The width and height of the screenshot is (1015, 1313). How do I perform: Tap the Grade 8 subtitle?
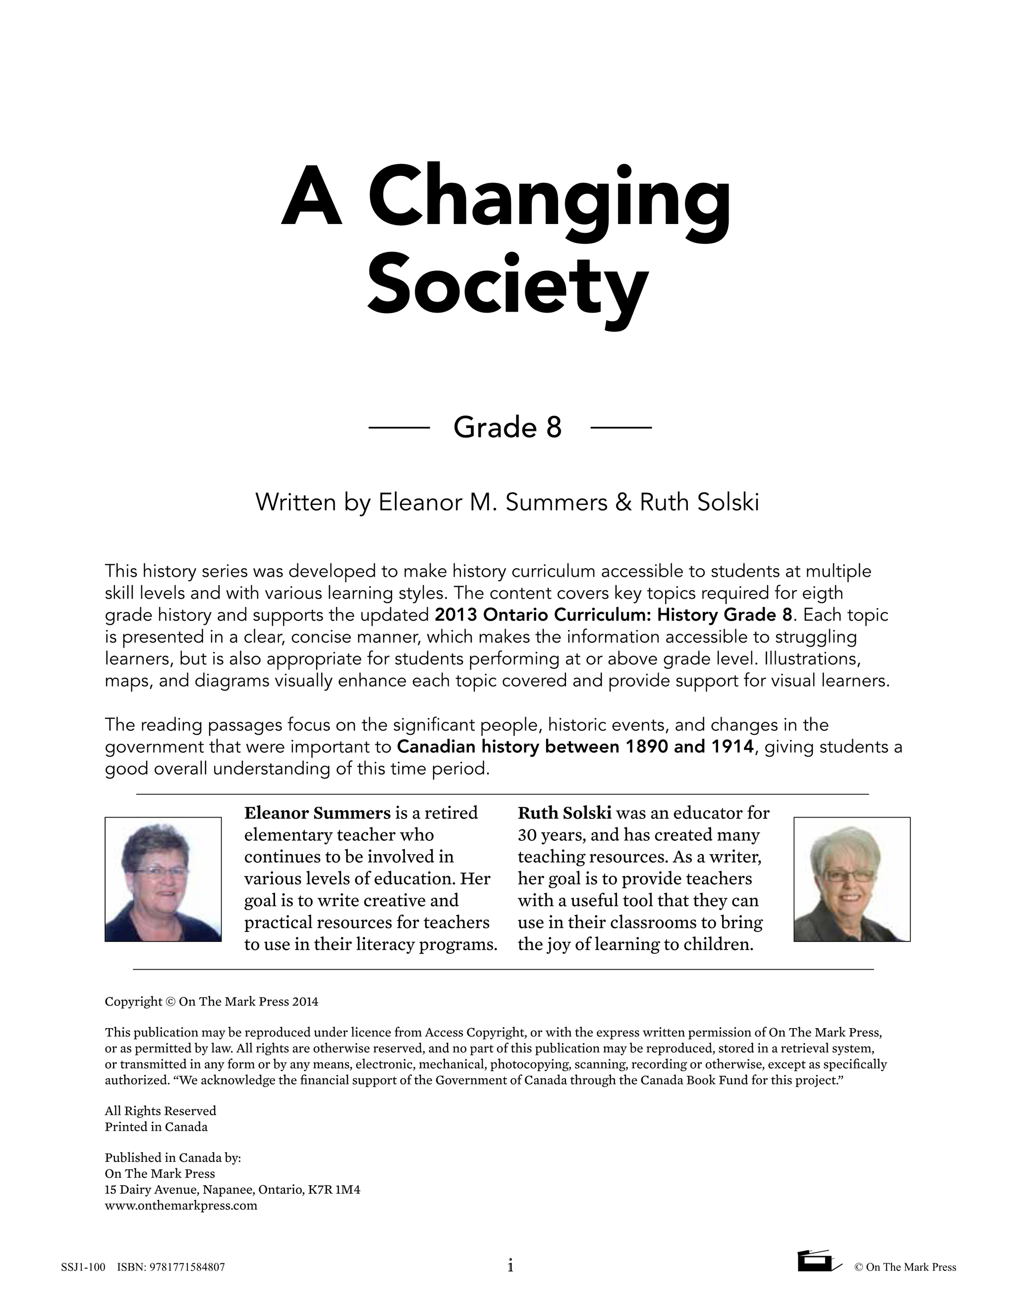point(507,428)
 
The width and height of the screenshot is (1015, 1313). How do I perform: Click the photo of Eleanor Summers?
point(163,879)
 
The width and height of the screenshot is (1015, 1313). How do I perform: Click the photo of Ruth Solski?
point(851,879)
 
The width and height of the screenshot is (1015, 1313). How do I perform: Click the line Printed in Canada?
point(156,1127)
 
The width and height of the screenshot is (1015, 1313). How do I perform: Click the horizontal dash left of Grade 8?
point(398,428)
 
